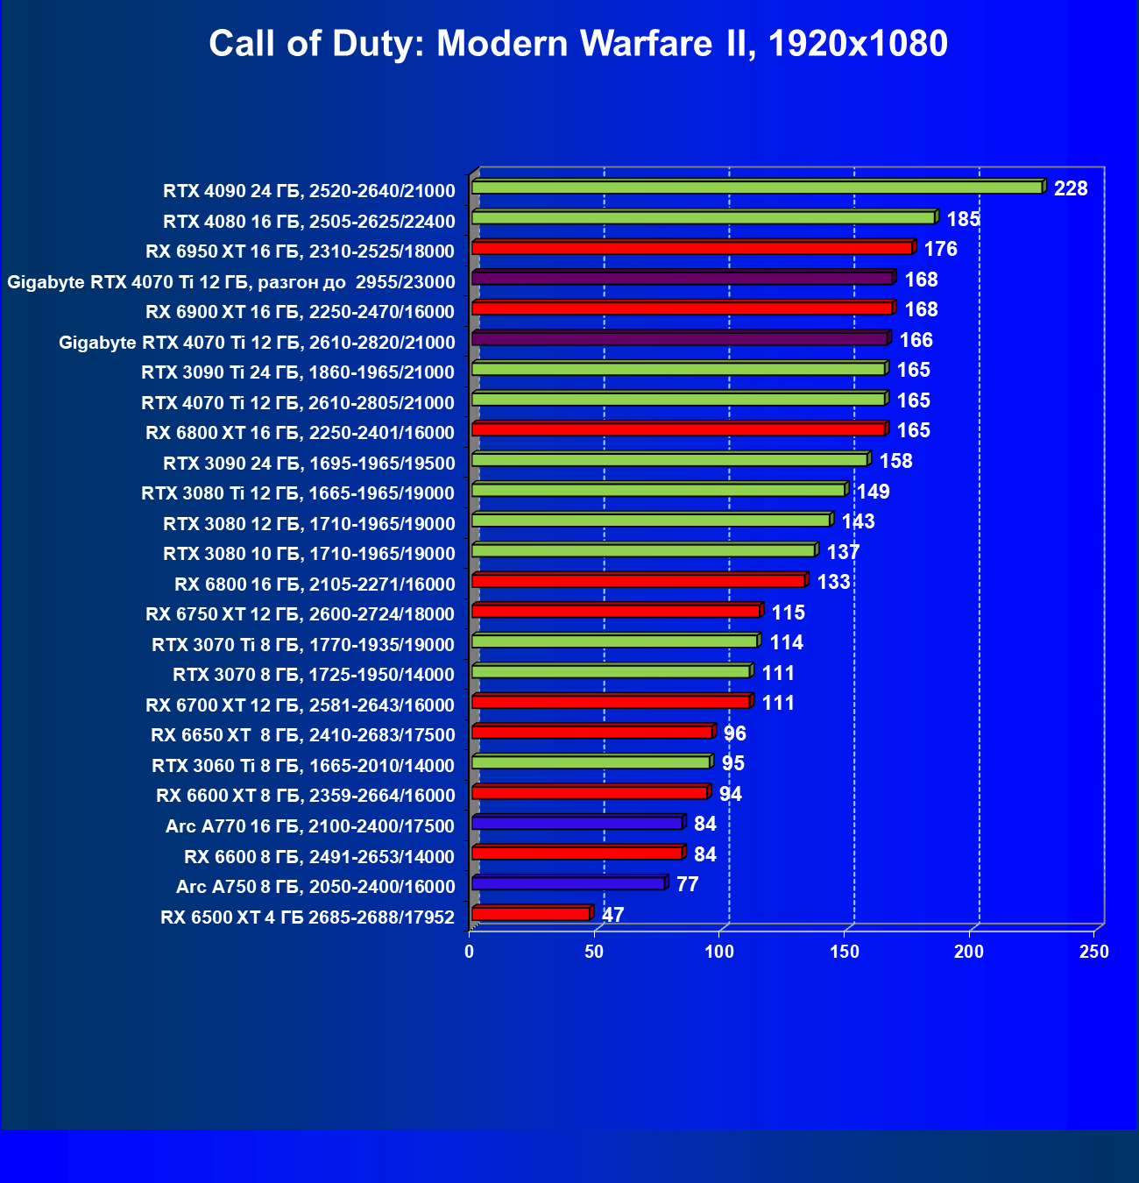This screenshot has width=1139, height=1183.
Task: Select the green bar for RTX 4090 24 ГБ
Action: click(757, 188)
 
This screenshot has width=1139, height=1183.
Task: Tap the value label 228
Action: click(1071, 188)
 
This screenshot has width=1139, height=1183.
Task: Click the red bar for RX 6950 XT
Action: click(692, 248)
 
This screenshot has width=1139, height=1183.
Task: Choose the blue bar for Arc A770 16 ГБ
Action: click(577, 823)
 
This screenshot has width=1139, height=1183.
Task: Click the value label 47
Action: click(613, 915)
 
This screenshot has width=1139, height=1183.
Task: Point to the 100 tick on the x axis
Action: click(719, 953)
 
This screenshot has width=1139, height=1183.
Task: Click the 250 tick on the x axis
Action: click(1094, 953)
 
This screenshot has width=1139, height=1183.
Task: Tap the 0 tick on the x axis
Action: click(470, 953)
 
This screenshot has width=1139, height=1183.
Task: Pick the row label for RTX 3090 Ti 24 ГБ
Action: click(298, 372)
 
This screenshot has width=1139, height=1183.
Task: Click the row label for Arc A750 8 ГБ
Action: click(315, 887)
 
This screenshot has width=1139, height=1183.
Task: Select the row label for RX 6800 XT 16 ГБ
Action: click(300, 433)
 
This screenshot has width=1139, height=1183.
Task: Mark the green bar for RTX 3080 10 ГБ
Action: click(644, 550)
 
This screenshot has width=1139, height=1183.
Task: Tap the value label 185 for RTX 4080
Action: click(963, 219)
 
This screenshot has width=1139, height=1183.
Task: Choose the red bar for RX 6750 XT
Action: click(616, 611)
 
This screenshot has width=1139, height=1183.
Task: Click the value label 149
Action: click(874, 492)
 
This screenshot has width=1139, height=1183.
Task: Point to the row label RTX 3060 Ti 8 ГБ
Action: click(303, 766)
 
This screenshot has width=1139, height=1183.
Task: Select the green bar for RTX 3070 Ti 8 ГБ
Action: click(615, 641)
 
